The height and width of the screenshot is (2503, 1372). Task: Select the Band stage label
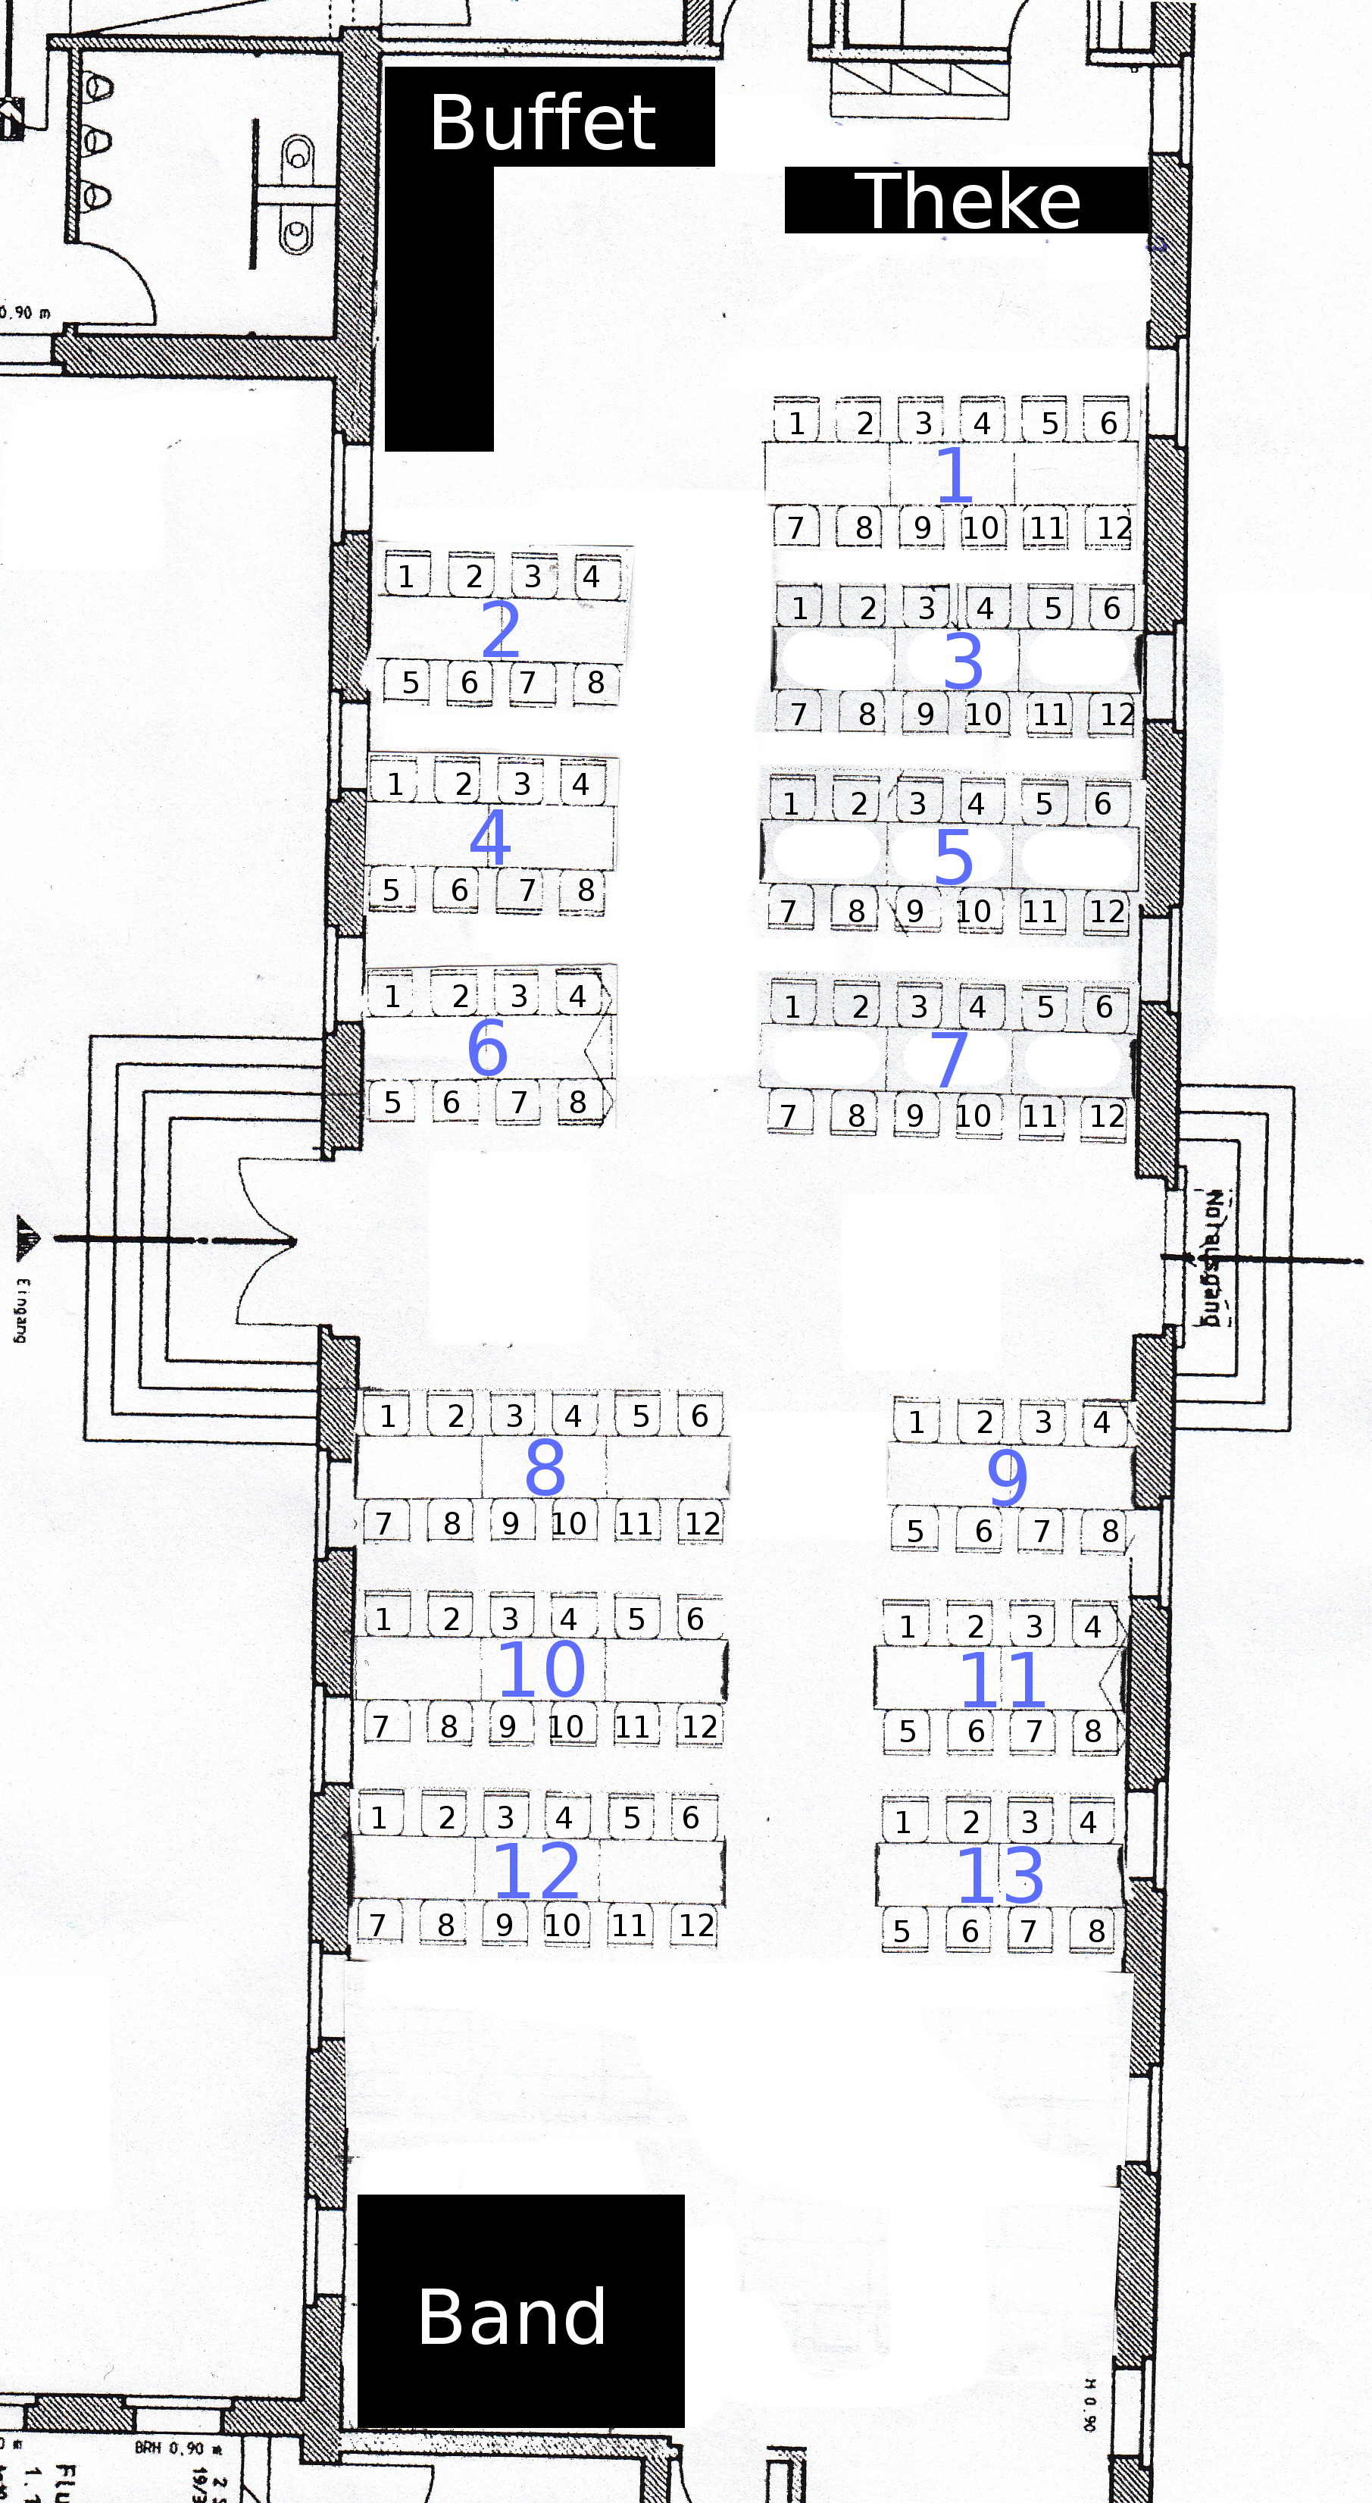(512, 2317)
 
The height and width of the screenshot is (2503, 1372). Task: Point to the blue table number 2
(501, 630)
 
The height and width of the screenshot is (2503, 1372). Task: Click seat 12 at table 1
(1114, 529)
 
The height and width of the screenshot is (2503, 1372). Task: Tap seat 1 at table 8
(388, 1416)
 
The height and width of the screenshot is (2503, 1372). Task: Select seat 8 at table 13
(1096, 1931)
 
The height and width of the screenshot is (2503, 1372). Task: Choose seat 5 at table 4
(391, 890)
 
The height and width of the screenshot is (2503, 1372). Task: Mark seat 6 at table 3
(1111, 609)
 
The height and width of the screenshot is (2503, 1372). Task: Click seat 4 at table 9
(1101, 1422)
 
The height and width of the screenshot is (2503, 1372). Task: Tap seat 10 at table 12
(561, 1925)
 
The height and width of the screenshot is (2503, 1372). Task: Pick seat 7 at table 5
(788, 912)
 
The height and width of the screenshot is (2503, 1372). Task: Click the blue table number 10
(541, 1669)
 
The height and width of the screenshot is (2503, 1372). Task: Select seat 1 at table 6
(392, 996)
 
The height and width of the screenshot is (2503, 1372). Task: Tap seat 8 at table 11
(1093, 1731)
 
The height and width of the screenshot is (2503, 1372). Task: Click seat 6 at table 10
(695, 1619)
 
